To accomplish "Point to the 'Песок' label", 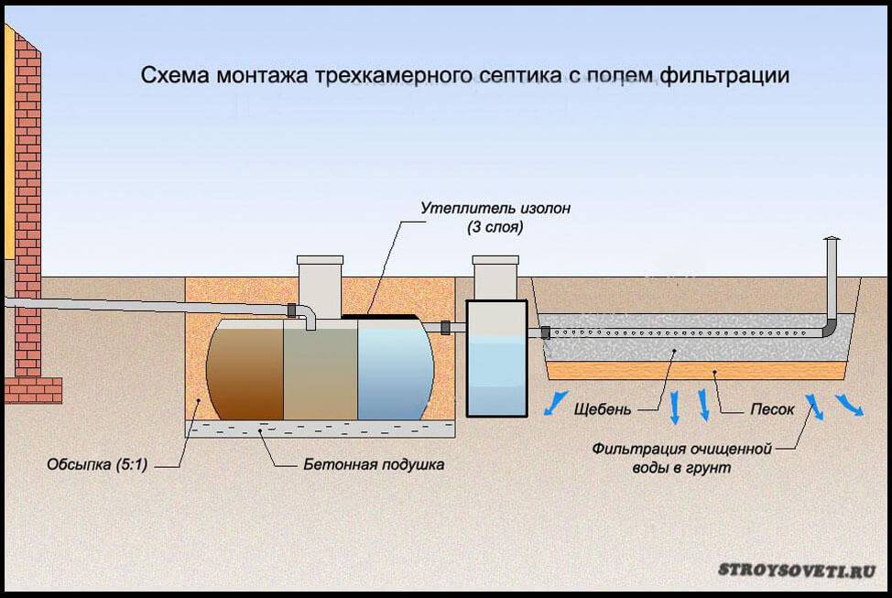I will coord(772,409).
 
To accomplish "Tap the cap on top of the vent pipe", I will coord(832,239).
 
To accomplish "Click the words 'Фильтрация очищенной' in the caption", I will coord(682,450).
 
